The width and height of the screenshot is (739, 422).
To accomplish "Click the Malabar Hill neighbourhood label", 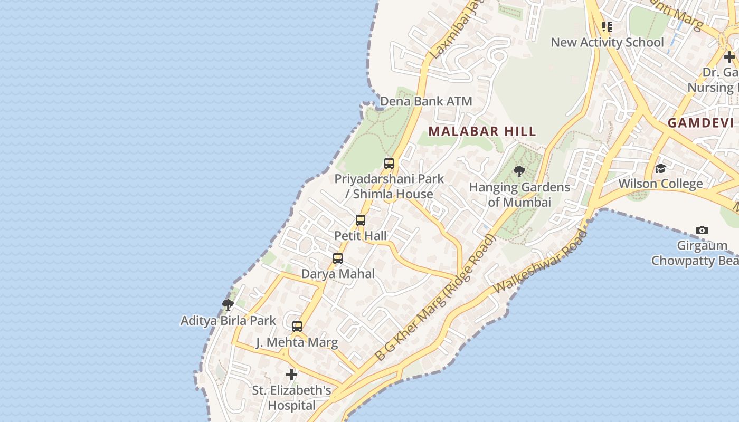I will pyautogui.click(x=482, y=131).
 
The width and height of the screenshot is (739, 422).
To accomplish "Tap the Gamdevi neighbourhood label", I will pyautogui.click(x=700, y=123).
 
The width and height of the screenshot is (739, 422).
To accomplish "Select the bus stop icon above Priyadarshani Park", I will pyautogui.click(x=389, y=164).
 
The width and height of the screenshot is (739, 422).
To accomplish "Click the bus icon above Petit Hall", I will pyautogui.click(x=361, y=220).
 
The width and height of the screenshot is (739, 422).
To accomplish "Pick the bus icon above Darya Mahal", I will pyautogui.click(x=338, y=259).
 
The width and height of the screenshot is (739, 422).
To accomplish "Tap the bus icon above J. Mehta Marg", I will pyautogui.click(x=297, y=327).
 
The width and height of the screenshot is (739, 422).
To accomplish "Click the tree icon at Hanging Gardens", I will pyautogui.click(x=519, y=171).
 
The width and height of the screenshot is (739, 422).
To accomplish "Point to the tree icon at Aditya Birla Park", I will pyautogui.click(x=228, y=304).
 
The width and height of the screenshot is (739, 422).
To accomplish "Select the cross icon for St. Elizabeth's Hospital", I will pyautogui.click(x=291, y=375).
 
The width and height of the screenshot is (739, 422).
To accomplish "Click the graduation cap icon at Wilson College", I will pyautogui.click(x=660, y=168).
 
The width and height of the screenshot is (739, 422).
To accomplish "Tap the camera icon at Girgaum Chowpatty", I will pyautogui.click(x=702, y=230).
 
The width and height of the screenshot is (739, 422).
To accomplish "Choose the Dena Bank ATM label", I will pyautogui.click(x=426, y=101).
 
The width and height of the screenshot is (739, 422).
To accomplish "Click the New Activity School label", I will pyautogui.click(x=607, y=42).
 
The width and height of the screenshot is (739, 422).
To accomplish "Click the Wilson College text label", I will pyautogui.click(x=660, y=184).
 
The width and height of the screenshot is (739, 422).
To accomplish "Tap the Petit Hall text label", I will pyautogui.click(x=361, y=236).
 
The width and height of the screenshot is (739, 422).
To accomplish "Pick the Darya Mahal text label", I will pyautogui.click(x=338, y=274).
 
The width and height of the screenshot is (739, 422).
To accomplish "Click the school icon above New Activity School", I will pyautogui.click(x=607, y=26).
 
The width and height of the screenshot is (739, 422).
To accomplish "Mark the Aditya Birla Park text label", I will pyautogui.click(x=228, y=321).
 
